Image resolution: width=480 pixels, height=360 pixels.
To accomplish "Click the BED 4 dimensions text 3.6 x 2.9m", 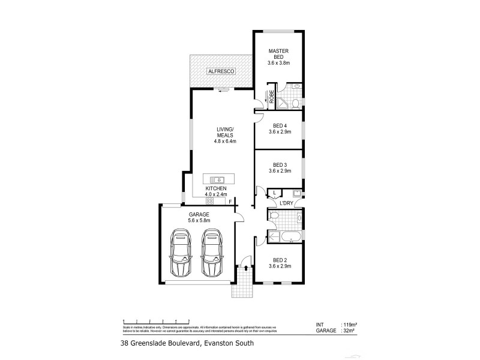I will coord(280,131).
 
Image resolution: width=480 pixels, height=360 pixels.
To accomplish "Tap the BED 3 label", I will coord(280,164).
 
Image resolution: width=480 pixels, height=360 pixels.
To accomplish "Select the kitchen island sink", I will coord(218,179).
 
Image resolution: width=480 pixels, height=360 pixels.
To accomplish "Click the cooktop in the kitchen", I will coord(210,201).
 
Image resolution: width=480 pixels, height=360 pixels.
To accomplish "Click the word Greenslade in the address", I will coord(154,343).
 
